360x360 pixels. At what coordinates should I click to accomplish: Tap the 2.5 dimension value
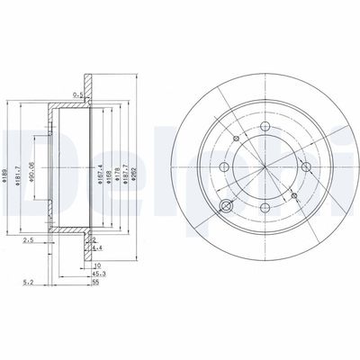coord(28,241)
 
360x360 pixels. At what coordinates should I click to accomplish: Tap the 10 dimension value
coord(97,266)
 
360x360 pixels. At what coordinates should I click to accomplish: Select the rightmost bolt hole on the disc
coord(306,167)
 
